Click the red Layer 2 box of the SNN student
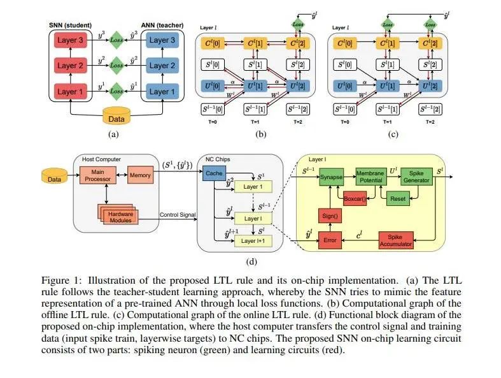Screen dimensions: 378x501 click(x=71, y=65)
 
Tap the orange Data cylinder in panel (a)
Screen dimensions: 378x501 click(x=116, y=117)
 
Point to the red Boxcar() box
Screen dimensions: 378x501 click(x=358, y=200)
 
